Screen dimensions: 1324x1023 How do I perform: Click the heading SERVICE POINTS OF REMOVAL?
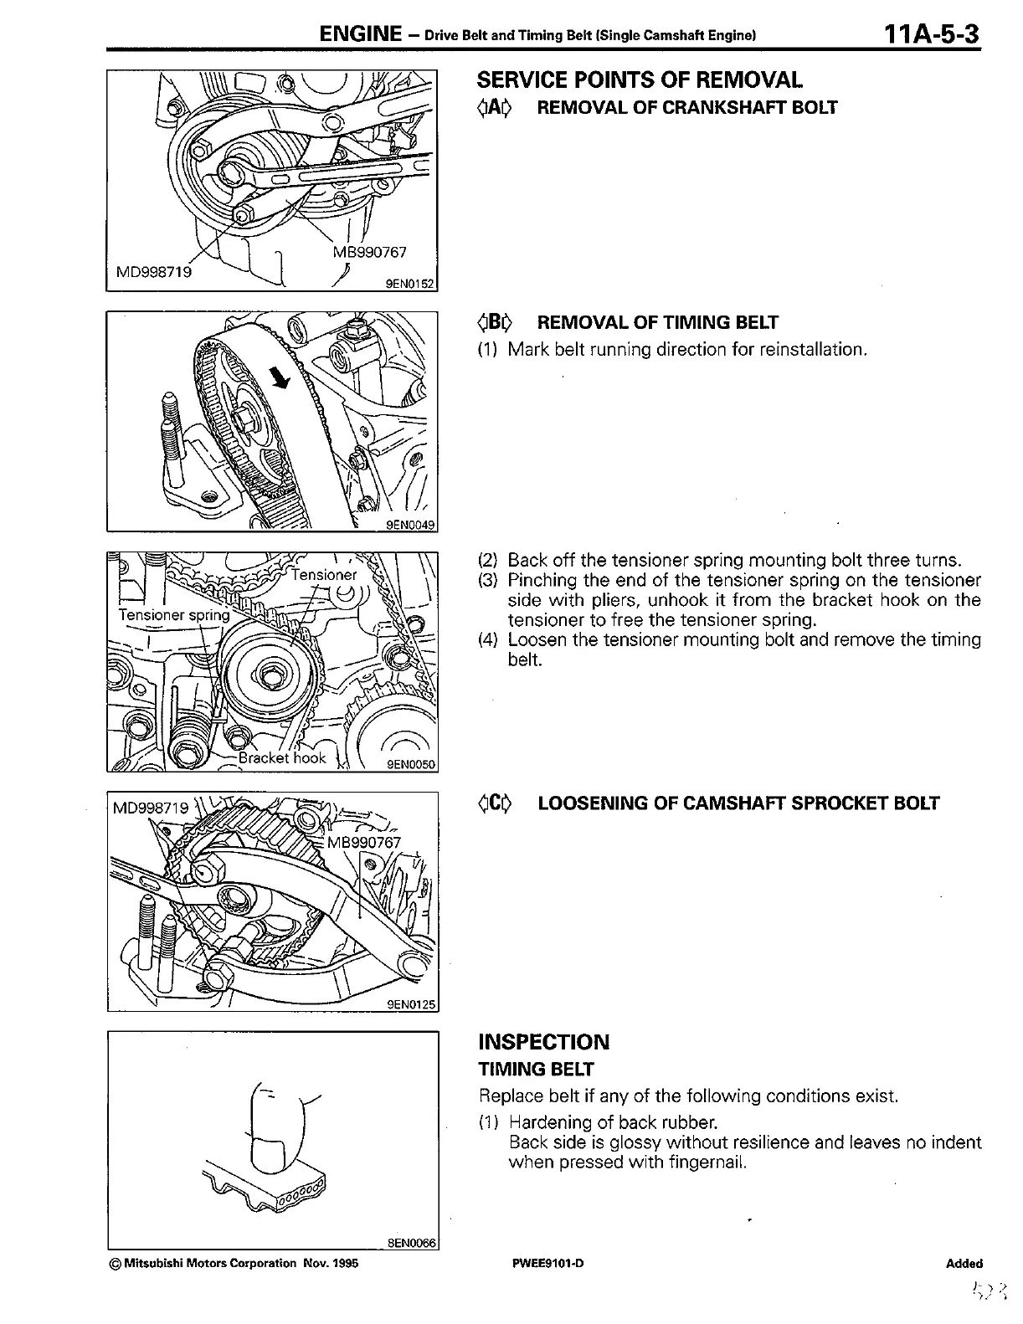coord(640,80)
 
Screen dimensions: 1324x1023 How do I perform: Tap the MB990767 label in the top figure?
coord(366,252)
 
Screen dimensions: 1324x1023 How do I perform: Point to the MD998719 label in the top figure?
coord(153,273)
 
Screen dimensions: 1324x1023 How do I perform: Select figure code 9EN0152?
coord(410,284)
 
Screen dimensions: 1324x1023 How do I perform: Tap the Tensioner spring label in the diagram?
coord(173,615)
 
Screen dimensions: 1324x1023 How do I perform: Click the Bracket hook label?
coord(282,757)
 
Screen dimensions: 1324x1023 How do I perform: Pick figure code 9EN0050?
coord(411,763)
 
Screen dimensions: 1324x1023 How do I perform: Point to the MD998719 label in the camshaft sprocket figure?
coord(151,809)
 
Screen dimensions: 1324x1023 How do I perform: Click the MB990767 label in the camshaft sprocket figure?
coord(364,841)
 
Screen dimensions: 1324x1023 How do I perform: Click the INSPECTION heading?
coord(543,1042)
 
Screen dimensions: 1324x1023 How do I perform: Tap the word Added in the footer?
coord(965,1264)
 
